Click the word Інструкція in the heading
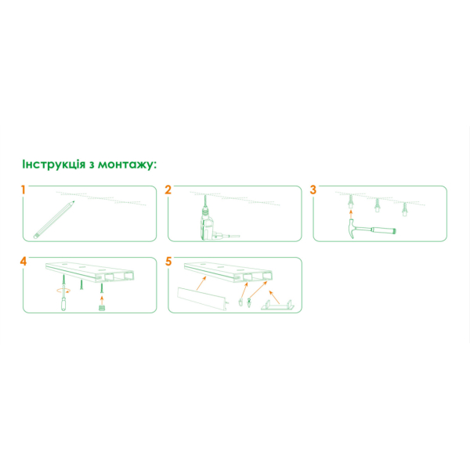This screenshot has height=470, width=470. pos(54,164)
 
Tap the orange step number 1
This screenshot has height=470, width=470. pos(23,190)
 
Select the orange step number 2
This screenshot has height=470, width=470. pos(168,190)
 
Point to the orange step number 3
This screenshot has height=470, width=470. pos(313,190)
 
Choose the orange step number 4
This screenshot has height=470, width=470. pos(23,262)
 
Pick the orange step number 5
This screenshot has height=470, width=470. pos(168,262)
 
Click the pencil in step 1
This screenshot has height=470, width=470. pos(54,219)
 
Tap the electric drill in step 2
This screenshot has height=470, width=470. pos(210,223)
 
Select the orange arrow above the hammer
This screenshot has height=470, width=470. pos(351,214)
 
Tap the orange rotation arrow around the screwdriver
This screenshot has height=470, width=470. pos(64,290)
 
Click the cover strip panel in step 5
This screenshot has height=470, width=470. pos(203,299)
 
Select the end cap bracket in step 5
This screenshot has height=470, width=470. pos(277,305)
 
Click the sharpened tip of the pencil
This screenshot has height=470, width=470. pos(74,202)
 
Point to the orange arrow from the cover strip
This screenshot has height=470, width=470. pos(201,284)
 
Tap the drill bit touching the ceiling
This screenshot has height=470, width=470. pos(205,201)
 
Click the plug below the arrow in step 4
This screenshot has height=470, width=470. pos(102,307)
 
